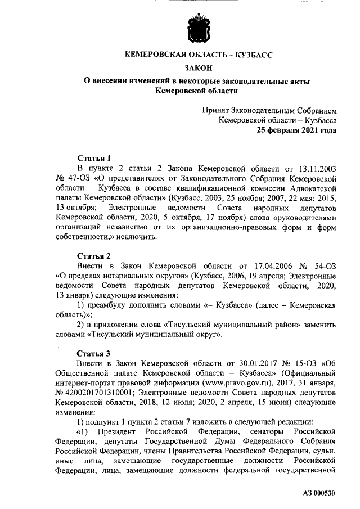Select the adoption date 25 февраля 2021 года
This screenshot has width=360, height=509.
(297, 130)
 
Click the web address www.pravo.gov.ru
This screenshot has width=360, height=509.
(206, 384)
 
